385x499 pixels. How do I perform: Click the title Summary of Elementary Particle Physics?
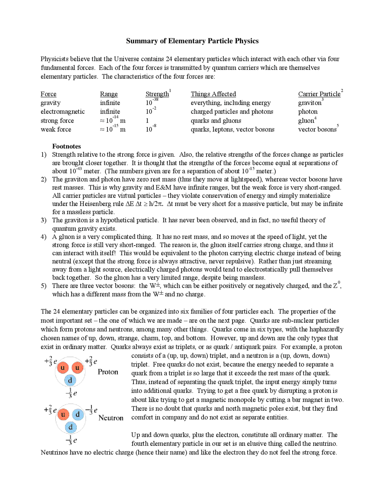[x=192, y=41]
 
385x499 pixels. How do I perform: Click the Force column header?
[x=48, y=94]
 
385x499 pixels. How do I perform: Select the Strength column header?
[x=157, y=94]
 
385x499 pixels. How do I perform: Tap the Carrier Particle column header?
[x=319, y=94]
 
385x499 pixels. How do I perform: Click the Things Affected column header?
[x=213, y=94]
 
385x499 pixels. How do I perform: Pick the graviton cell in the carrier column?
[x=310, y=103]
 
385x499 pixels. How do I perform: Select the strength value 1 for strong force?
[x=147, y=121]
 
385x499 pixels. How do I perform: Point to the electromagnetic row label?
[x=63, y=111]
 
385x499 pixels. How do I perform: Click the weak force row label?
[x=56, y=129]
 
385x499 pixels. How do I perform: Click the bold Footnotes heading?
[x=66, y=146]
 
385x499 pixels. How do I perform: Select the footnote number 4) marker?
[x=44, y=237]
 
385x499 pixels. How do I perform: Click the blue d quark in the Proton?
[x=70, y=380]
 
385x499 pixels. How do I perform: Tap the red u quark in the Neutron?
[x=63, y=415]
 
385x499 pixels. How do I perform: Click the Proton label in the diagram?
[x=108, y=372]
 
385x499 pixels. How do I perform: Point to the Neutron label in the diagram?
[x=111, y=418]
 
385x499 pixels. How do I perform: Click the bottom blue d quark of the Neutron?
[x=71, y=427]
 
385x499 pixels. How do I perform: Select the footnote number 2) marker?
[x=44, y=179]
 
